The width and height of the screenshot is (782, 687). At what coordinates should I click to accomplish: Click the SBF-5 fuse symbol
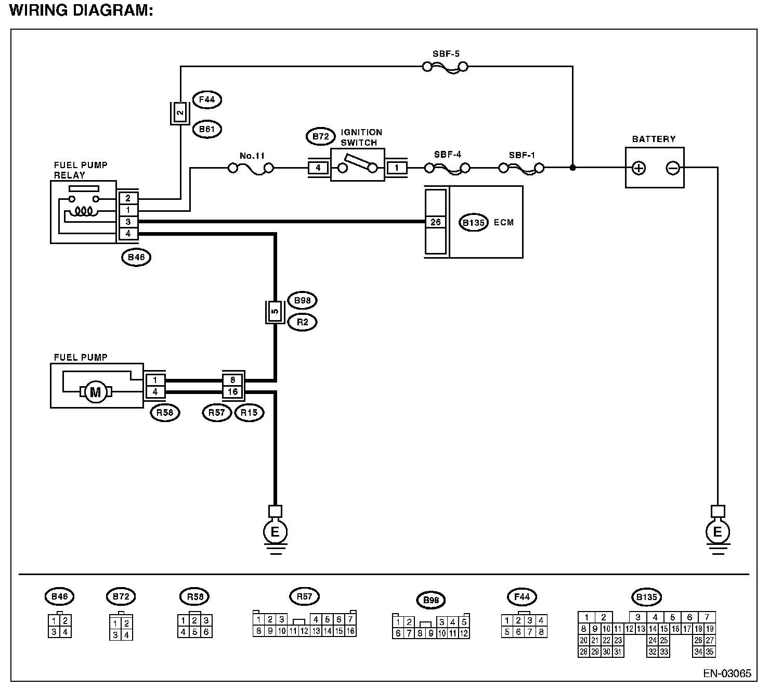tap(445, 66)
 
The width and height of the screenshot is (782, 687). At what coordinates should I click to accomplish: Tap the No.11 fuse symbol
tap(251, 168)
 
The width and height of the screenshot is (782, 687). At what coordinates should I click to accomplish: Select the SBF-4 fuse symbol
tap(447, 168)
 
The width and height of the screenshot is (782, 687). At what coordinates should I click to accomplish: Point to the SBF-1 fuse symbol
tap(521, 168)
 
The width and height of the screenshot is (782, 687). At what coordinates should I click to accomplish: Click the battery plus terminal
tap(638, 168)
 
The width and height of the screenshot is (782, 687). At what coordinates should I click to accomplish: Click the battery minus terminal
tap(673, 168)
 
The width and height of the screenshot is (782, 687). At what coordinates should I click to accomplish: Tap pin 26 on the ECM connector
tap(435, 222)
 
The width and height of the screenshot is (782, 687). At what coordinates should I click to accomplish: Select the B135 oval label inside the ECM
tap(474, 223)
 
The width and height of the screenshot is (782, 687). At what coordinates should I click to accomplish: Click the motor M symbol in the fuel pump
tap(95, 392)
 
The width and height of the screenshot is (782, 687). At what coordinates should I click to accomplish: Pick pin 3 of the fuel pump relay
tap(128, 222)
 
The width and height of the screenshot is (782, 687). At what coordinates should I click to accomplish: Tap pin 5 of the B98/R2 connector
tap(275, 312)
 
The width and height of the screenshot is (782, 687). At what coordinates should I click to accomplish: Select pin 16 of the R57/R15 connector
tap(233, 392)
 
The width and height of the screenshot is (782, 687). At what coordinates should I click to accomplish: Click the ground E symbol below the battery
tap(718, 531)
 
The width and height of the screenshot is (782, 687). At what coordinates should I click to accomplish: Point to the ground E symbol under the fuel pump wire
tap(275, 531)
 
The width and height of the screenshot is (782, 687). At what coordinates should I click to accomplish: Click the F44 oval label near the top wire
tap(206, 99)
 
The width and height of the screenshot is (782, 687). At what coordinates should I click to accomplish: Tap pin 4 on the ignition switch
tap(318, 168)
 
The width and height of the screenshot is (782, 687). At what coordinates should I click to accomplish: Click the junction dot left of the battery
tap(572, 168)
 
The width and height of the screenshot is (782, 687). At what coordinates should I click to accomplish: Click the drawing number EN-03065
tap(727, 673)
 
